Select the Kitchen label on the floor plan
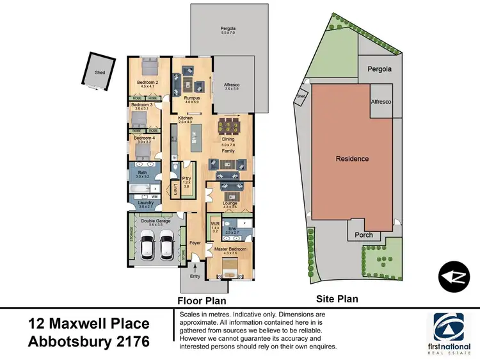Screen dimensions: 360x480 click(x=186, y=118)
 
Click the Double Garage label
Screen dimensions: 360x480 click(x=156, y=220)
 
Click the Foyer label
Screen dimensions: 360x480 click(x=196, y=243)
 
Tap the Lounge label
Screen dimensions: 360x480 click(x=230, y=203)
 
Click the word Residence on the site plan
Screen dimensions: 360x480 click(x=352, y=158)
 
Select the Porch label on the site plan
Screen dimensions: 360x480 click(x=364, y=235)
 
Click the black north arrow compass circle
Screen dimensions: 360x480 click(x=456, y=276)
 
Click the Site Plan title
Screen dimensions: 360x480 click(x=337, y=299)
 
